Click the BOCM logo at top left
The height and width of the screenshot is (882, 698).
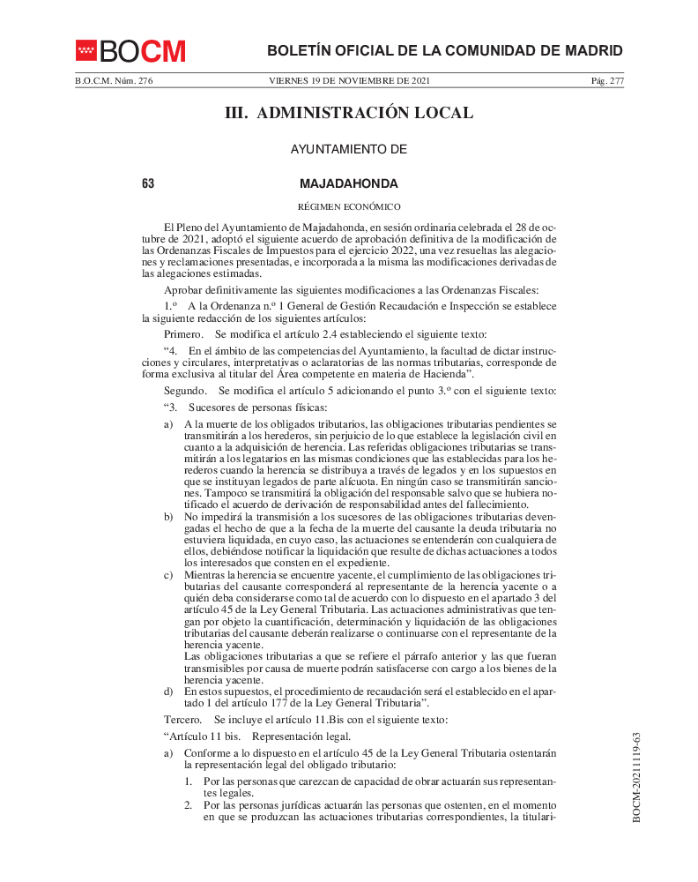130,51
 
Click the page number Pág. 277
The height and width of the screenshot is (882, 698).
606,81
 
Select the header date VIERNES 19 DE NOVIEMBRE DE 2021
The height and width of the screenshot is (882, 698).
349,81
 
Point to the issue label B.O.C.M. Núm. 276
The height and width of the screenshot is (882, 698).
114,81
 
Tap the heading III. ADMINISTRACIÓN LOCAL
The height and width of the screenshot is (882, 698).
349,113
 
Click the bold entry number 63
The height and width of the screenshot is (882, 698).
148,184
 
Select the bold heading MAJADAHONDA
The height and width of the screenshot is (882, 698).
349,184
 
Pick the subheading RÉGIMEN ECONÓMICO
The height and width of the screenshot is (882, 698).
349,206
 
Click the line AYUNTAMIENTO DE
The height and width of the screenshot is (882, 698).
349,150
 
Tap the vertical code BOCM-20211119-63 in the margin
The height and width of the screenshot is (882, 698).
636,776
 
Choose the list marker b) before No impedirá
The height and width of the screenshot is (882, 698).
168,515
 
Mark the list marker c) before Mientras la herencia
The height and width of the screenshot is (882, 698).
168,575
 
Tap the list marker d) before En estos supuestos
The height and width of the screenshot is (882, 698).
168,691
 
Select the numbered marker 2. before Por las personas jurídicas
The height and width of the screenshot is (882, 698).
189,805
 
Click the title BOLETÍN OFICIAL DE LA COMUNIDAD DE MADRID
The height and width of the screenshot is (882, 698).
444,50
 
